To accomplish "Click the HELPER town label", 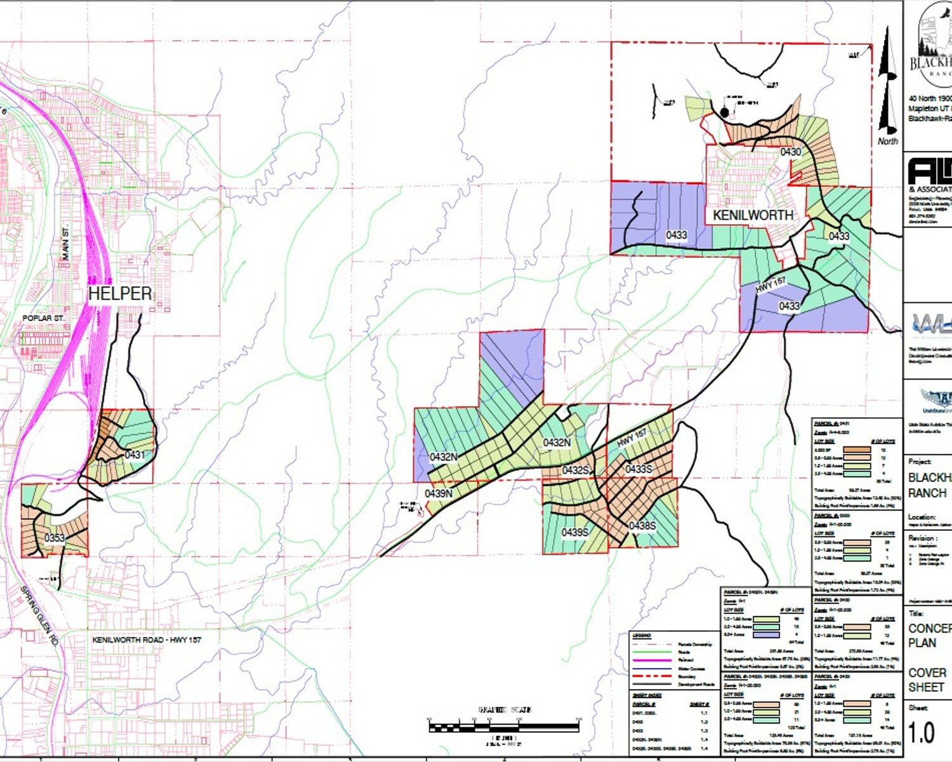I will pyautogui.click(x=120, y=293).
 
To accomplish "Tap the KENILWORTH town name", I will pyautogui.click(x=753, y=215).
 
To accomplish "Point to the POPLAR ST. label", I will pyautogui.click(x=44, y=318).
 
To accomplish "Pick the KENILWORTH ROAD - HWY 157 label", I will pyautogui.click(x=147, y=639).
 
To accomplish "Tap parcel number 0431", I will pyautogui.click(x=135, y=455).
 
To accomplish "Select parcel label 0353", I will pyautogui.click(x=55, y=538).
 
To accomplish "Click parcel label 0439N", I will pyautogui.click(x=439, y=493).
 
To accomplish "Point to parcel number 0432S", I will pyautogui.click(x=576, y=471).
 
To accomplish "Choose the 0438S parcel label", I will pyautogui.click(x=642, y=526).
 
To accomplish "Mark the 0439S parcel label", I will pyautogui.click(x=575, y=532).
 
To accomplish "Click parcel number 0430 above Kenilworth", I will pyautogui.click(x=791, y=152).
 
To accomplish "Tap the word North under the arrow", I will pyautogui.click(x=888, y=141).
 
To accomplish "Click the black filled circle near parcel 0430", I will pyautogui.click(x=724, y=112).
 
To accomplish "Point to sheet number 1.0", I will pyautogui.click(x=922, y=733).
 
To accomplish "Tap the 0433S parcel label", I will pyautogui.click(x=638, y=469).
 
